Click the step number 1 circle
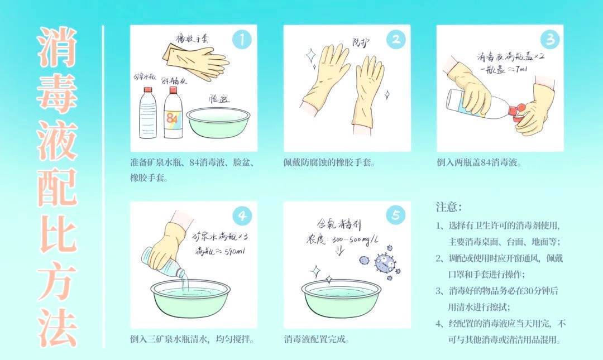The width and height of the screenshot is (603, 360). click(x=242, y=39)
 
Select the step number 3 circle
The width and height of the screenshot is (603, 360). click(x=549, y=39)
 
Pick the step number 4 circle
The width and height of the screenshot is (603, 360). click(x=242, y=216)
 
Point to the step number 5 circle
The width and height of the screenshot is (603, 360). click(x=395, y=216)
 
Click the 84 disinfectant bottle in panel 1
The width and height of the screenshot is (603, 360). click(x=173, y=114)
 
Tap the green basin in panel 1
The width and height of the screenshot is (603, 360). click(x=218, y=123)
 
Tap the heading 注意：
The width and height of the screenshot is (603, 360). click(x=449, y=207)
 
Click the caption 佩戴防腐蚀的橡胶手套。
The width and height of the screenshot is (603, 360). click(x=329, y=163)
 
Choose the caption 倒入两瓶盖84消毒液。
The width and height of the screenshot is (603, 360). click(x=480, y=163)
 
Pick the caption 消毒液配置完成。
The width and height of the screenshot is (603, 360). click(x=317, y=339)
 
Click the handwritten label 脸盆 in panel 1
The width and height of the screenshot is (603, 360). click(x=218, y=99)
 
